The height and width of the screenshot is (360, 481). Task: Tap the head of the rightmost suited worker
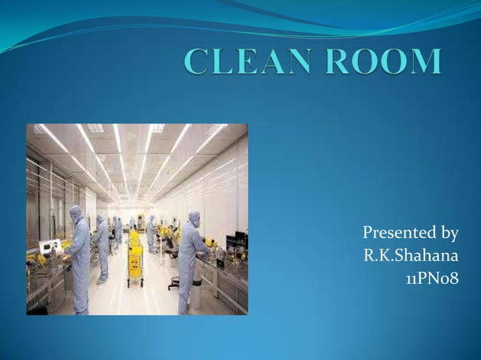point(194,218)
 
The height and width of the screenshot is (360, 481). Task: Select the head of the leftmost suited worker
point(76,214)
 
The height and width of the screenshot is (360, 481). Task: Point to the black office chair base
point(174,284)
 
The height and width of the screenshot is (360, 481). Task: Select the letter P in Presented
point(368,232)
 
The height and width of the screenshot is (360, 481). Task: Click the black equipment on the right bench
point(235,241)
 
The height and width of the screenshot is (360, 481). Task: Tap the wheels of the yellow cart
point(136,283)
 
